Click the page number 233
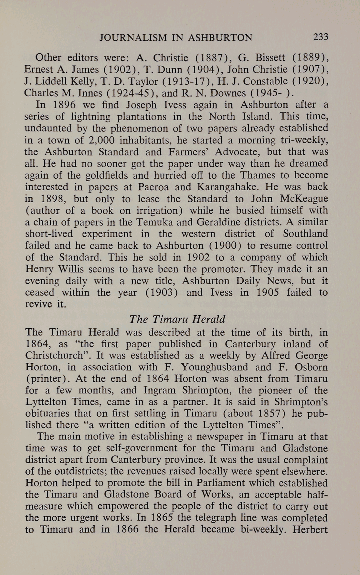pyautogui.click(x=320, y=37)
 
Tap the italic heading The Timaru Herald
pyautogui.click(x=177, y=319)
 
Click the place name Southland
pyautogui.click(x=305, y=234)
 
